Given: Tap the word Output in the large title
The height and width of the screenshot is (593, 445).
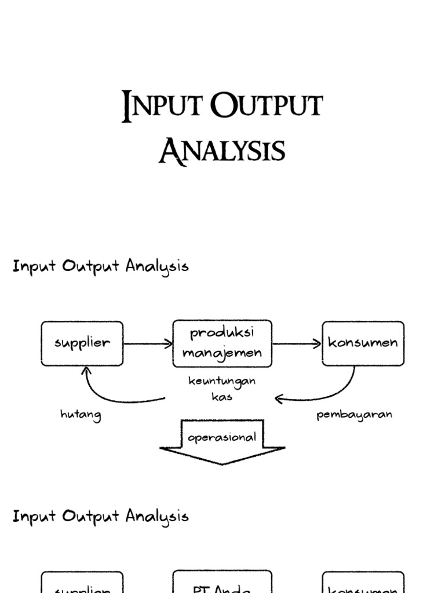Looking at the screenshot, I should pos(266,108).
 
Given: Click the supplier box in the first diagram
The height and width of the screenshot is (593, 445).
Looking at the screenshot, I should pos(82,343).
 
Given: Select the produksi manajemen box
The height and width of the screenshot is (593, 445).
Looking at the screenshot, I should pos(222,343).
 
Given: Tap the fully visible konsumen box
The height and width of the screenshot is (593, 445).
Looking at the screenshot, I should pos(363,343).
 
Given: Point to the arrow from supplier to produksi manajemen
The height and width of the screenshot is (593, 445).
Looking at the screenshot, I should pos(148,344).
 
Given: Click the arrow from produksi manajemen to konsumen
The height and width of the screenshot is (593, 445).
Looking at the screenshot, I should pos(297,344).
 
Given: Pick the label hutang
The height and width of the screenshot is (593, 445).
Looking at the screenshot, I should pos(81,415).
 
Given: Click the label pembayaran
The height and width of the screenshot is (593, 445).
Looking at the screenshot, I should pos(354,415).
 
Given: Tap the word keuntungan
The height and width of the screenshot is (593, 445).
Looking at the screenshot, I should pos(222,382).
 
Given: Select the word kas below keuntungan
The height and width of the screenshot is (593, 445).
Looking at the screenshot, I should pos(222,398).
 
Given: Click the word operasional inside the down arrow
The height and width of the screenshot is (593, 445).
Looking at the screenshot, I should pos(222,437).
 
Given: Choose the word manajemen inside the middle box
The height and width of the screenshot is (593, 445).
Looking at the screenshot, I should pos(222,352).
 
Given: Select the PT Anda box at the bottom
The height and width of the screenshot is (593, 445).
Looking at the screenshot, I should pos(222,583).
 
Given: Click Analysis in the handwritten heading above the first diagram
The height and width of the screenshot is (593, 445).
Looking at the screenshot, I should pos(157,267).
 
